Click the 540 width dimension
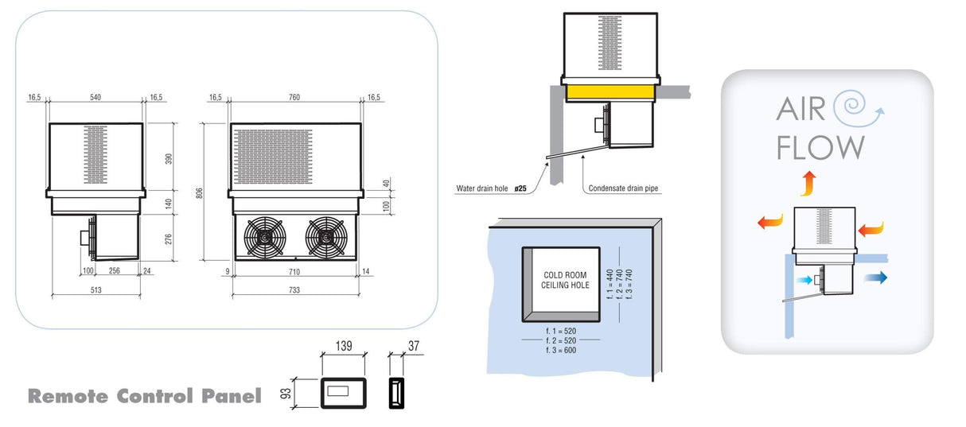click(96, 97)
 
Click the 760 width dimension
click(294, 97)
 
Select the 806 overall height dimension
click(201, 192)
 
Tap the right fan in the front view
click(325, 235)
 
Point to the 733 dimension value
click(295, 291)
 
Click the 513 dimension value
click(95, 291)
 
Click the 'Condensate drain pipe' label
click(624, 189)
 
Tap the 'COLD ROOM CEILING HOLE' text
click(566, 279)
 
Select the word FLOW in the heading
click(820, 148)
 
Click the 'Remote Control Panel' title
click(145, 395)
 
